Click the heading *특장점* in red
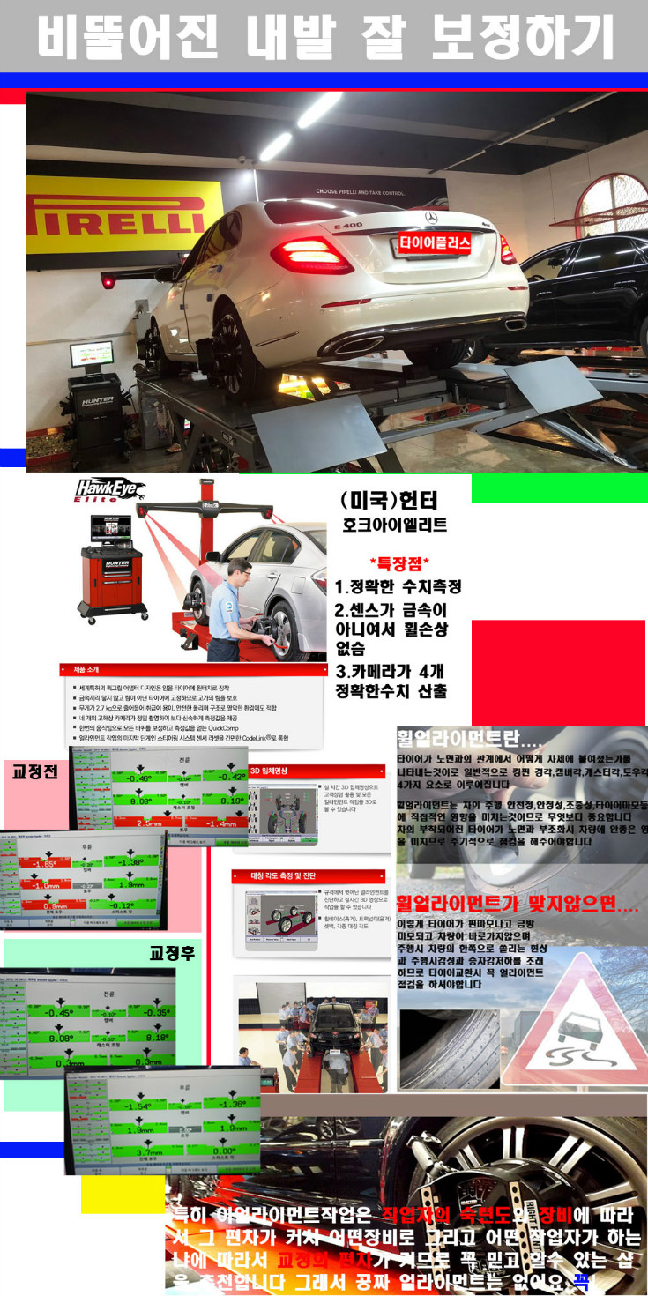[399, 562]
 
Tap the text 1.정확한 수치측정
[398, 586]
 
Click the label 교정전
[34, 771]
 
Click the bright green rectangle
[559, 488]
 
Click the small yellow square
[111, 1195]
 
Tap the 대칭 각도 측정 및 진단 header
[309, 876]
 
